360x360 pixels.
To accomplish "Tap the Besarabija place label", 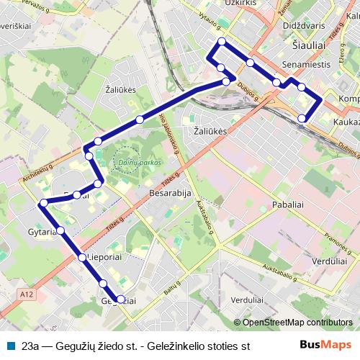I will pyautogui.click(x=168, y=194).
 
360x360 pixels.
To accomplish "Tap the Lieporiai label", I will pyautogui.click(x=107, y=256).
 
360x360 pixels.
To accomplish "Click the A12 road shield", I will pyautogui.click(x=27, y=294).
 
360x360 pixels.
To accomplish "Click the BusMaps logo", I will pyautogui.click(x=325, y=345).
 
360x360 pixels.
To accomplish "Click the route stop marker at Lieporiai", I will pyautogui.click(x=82, y=257).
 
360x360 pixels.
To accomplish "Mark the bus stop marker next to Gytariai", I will pyautogui.click(x=60, y=230).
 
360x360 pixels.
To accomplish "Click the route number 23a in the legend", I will pyautogui.click(x=31, y=346).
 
